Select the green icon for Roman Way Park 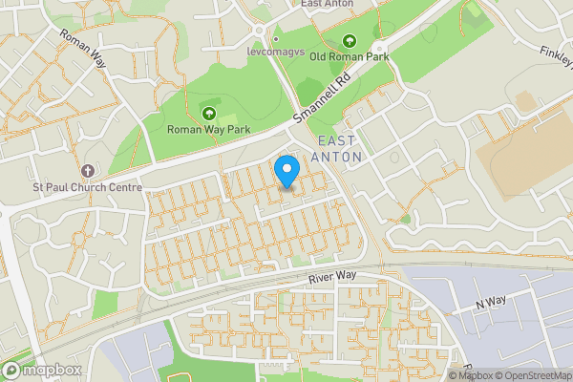click(208, 115)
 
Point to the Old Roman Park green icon click(350, 40)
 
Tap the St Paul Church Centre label click(87, 187)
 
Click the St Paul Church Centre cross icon click(87, 171)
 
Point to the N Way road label click(491, 302)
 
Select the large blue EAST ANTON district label click(338, 149)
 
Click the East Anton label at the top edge click(327, 4)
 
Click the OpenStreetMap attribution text click(533, 375)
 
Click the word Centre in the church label click(123, 187)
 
